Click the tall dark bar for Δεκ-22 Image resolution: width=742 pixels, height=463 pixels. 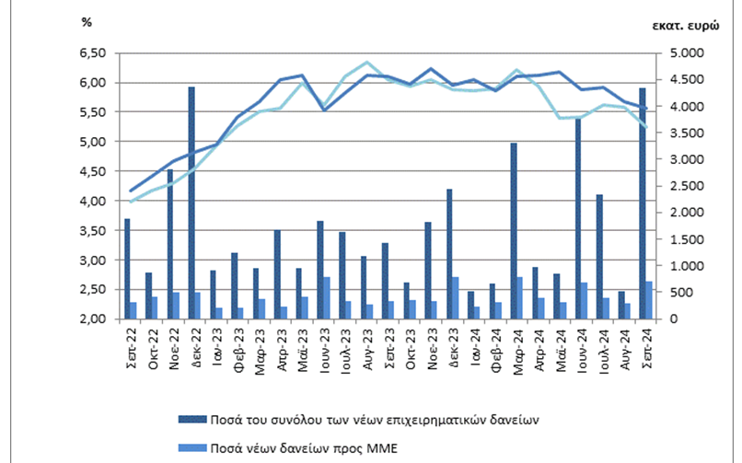tap(191, 203)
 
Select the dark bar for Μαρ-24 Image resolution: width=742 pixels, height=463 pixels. tap(514, 230)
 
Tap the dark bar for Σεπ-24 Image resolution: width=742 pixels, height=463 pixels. tap(643, 203)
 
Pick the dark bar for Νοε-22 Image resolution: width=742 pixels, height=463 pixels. tap(170, 244)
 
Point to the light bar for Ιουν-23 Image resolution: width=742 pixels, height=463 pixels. tap(327, 297)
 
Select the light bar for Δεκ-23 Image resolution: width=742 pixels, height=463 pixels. tap(456, 297)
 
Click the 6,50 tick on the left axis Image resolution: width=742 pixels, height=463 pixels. tap(96, 53)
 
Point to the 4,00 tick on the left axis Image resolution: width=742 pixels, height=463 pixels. tap(96, 201)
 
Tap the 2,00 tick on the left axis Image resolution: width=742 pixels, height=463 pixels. tap(96, 319)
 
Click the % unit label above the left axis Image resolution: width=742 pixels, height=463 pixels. tap(87, 22)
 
